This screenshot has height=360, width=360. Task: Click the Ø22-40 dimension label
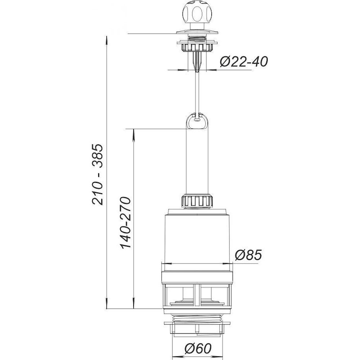244,62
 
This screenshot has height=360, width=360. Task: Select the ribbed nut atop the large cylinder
197,201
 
